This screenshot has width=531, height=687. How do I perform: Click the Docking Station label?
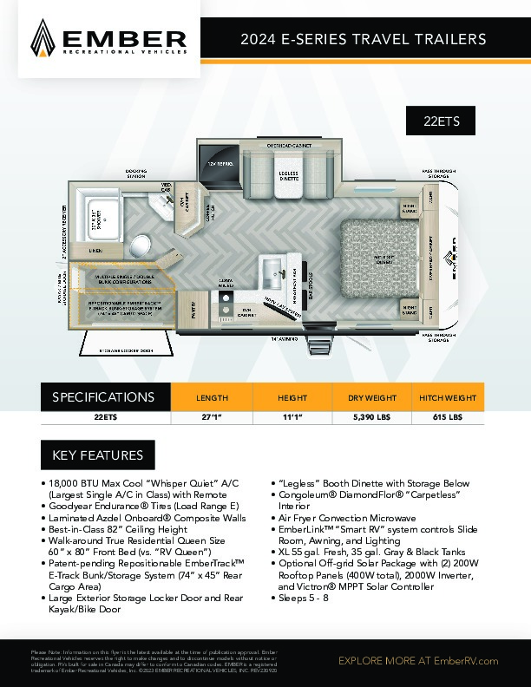135,173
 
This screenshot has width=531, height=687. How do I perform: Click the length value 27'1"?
212,416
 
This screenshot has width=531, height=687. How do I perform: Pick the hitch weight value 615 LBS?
448,416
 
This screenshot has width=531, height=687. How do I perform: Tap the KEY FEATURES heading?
98,455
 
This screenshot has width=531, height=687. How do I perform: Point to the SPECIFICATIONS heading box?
105,397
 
